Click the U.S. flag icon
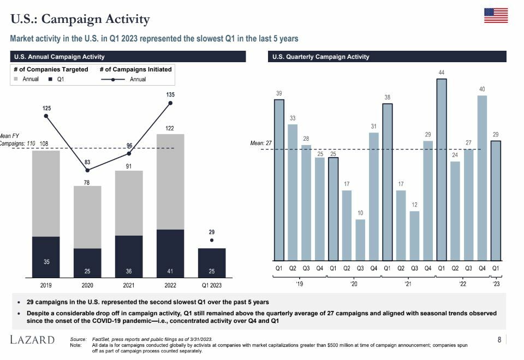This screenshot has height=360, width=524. coord(496,15)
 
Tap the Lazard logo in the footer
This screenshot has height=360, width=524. coord(33,340)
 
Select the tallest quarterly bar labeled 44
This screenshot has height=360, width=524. coord(442,170)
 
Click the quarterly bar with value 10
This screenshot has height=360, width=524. coord(360,240)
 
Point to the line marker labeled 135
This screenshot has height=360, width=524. coord(170,103)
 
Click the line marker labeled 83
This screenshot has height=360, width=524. coord(87,170)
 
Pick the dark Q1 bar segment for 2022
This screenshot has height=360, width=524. coord(170,253)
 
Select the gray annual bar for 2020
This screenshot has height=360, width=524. coord(87,217)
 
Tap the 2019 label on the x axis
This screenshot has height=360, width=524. coord(46,285)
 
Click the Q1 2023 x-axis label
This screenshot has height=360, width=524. coord(212,285)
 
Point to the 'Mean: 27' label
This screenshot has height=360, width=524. coord(260,143)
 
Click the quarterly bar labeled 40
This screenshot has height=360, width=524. coord(482,178)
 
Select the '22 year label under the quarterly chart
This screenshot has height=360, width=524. coord(462,284)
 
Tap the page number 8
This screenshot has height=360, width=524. coord(499,340)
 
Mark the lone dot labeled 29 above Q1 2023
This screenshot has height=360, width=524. coord(212,240)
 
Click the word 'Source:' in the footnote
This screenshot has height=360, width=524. coord(79,339)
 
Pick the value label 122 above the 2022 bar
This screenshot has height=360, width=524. coord(170,128)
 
